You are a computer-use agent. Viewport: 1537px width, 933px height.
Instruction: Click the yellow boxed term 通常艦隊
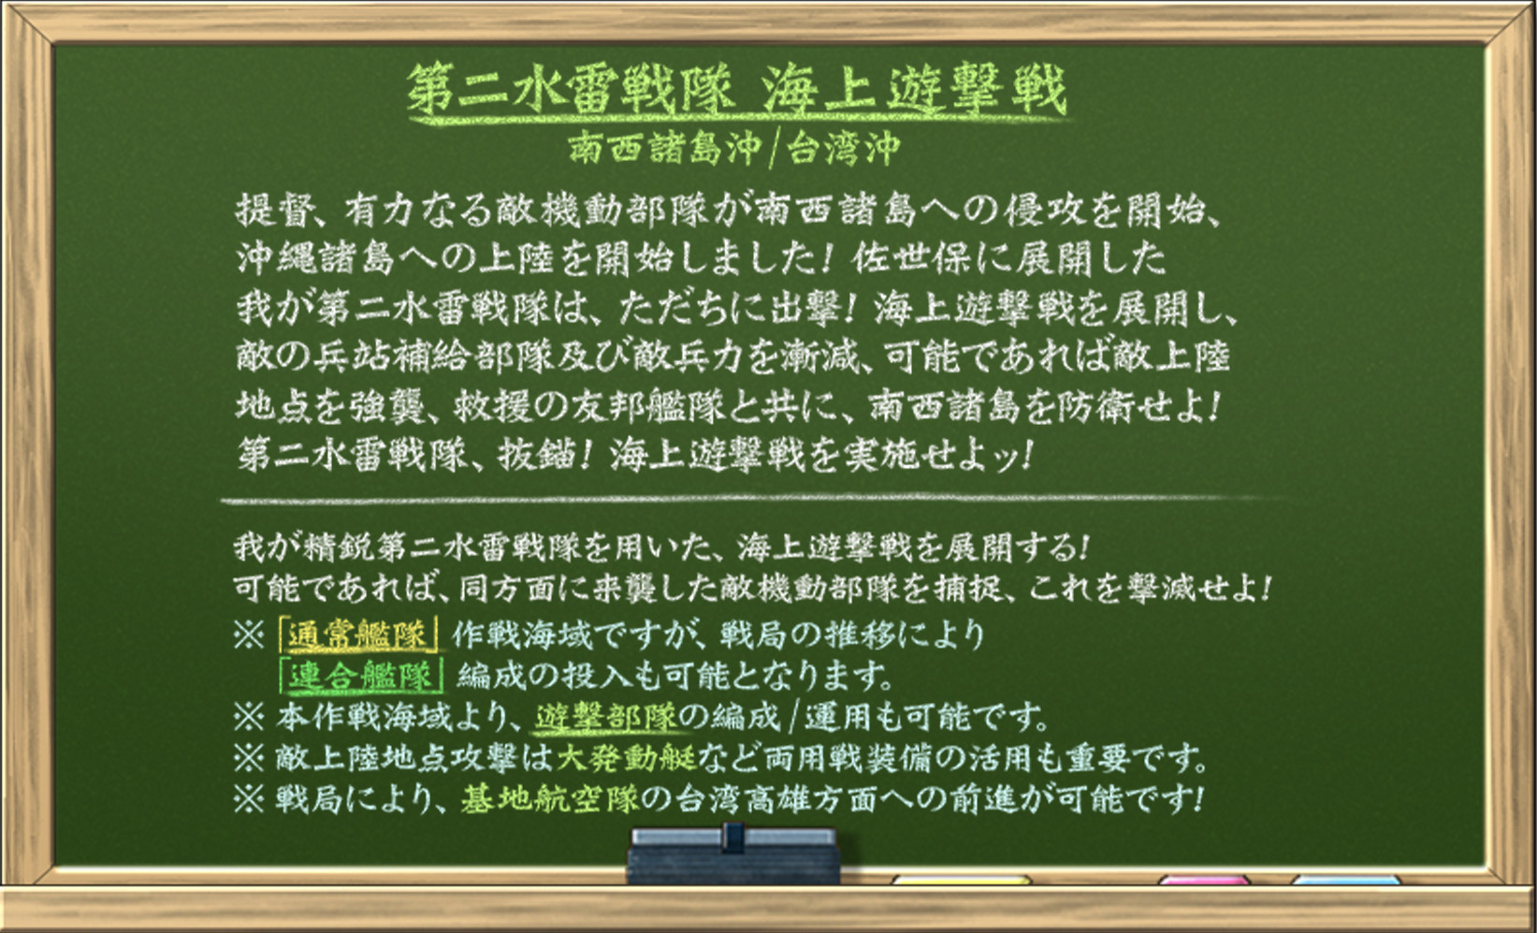point(359,635)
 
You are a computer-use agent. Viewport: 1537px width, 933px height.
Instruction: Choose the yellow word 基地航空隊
point(550,799)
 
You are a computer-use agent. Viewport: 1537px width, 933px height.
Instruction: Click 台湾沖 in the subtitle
point(843,148)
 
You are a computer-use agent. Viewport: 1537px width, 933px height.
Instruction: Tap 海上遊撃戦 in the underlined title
point(914,90)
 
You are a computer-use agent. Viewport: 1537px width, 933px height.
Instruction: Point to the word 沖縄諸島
point(315,258)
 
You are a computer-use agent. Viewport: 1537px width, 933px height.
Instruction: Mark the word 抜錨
point(536,454)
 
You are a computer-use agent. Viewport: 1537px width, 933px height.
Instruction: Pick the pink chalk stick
point(1205,880)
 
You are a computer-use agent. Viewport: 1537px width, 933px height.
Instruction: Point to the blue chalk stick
point(1346,880)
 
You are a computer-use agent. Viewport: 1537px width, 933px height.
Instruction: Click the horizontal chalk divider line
point(751,500)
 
